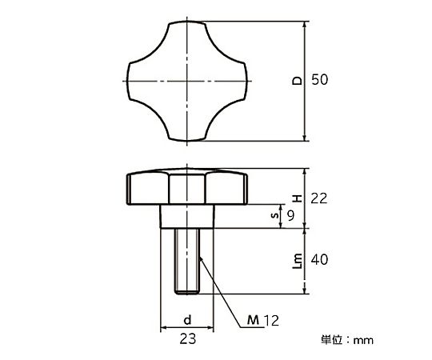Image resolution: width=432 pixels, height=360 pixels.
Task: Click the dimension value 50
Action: [319, 80]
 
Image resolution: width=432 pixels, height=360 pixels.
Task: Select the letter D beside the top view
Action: [298, 81]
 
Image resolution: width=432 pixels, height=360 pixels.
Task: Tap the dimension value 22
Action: [319, 198]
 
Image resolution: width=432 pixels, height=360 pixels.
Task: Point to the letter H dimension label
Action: [298, 198]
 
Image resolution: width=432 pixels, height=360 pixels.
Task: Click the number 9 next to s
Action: [290, 215]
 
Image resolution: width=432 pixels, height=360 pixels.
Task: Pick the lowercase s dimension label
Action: [274, 215]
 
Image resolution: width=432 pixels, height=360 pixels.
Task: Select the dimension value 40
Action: [319, 260]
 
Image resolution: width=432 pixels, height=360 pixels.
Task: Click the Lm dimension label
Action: [298, 261]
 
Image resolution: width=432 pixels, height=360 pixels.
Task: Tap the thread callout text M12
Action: [263, 320]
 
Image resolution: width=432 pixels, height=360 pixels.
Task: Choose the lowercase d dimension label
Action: [187, 319]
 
